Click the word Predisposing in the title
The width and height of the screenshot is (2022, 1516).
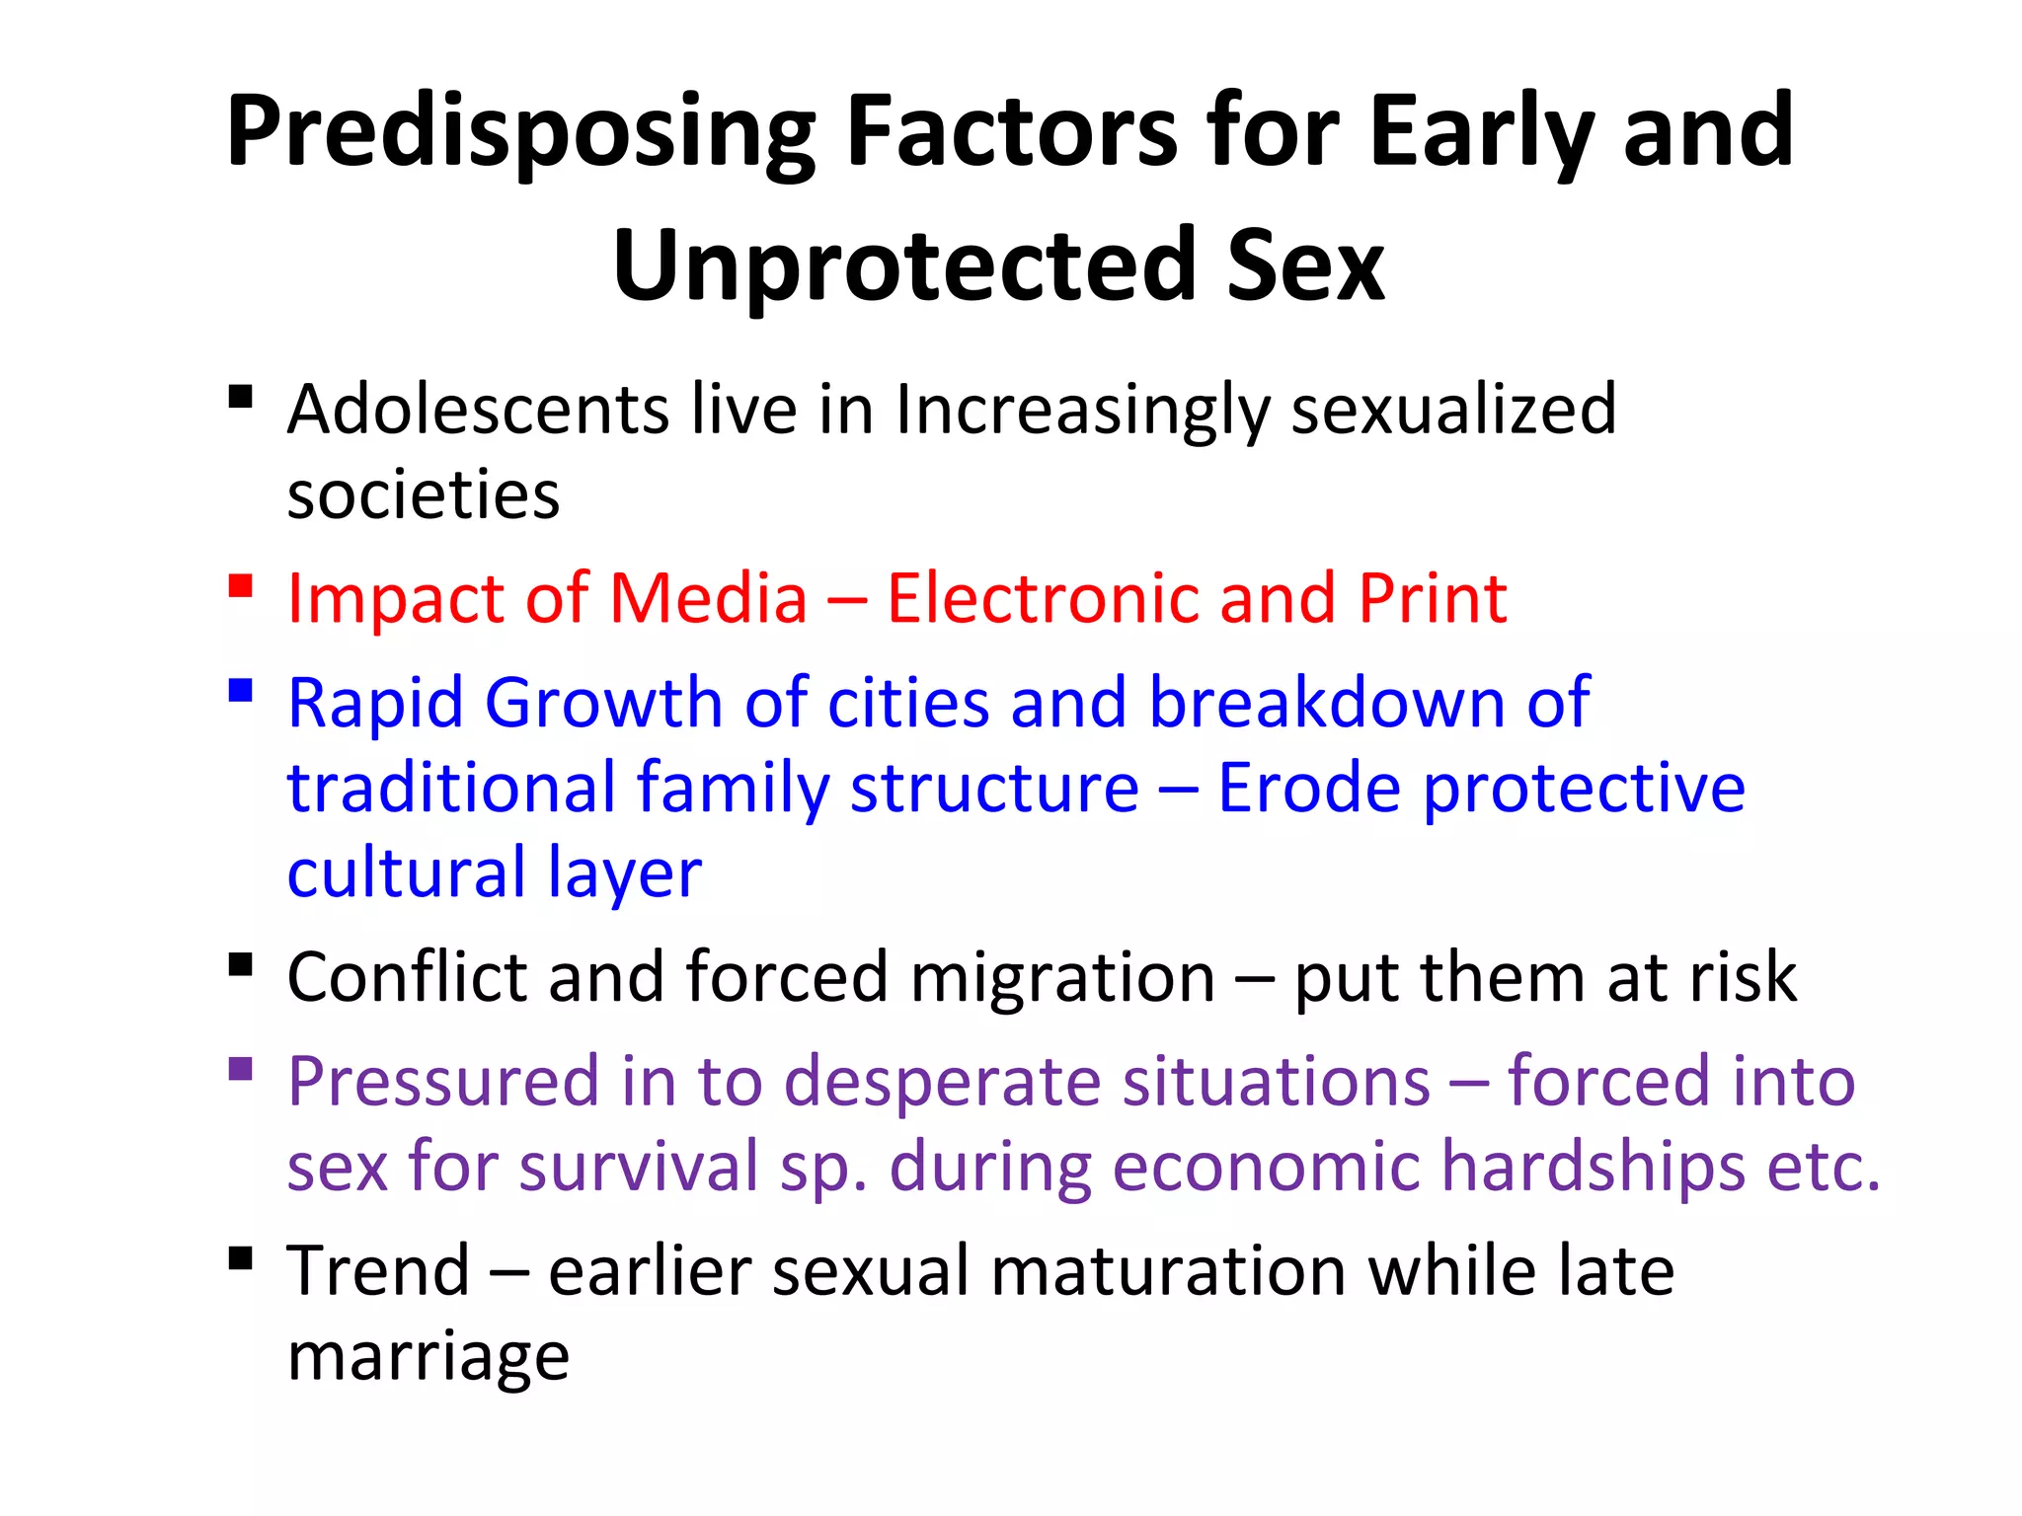pos(520,133)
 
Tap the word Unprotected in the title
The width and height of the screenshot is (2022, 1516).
pos(905,266)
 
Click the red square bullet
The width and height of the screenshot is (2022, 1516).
pos(240,586)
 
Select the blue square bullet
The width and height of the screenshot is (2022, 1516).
pos(240,689)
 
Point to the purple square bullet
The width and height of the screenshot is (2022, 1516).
pos(240,1069)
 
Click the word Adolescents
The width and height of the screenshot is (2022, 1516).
pos(478,409)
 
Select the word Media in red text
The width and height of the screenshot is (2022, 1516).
pos(708,598)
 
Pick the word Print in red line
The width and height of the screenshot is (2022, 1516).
pos(1433,598)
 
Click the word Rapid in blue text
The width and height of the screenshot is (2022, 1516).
pos(374,703)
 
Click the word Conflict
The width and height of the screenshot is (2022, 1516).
pos(407,977)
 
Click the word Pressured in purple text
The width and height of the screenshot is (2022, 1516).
pos(442,1082)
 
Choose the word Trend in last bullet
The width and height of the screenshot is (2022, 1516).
pos(378,1271)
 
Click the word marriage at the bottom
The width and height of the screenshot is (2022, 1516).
pos(428,1358)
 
